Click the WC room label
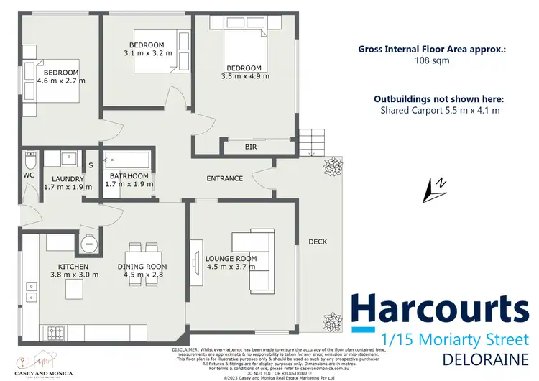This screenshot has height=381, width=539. coord(29,175)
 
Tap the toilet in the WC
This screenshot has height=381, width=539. coord(30,159)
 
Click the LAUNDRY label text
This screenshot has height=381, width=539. coord(69,179)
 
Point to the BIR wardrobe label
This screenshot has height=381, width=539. coord(250,147)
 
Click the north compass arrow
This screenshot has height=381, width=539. coord(435,188)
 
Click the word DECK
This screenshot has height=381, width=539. coord(318,242)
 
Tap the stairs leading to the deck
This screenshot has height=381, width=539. coord(311,139)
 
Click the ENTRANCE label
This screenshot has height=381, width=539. coord(224,178)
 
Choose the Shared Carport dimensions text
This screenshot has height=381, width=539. coord(440,110)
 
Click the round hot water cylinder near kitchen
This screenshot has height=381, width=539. coord(90,244)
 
